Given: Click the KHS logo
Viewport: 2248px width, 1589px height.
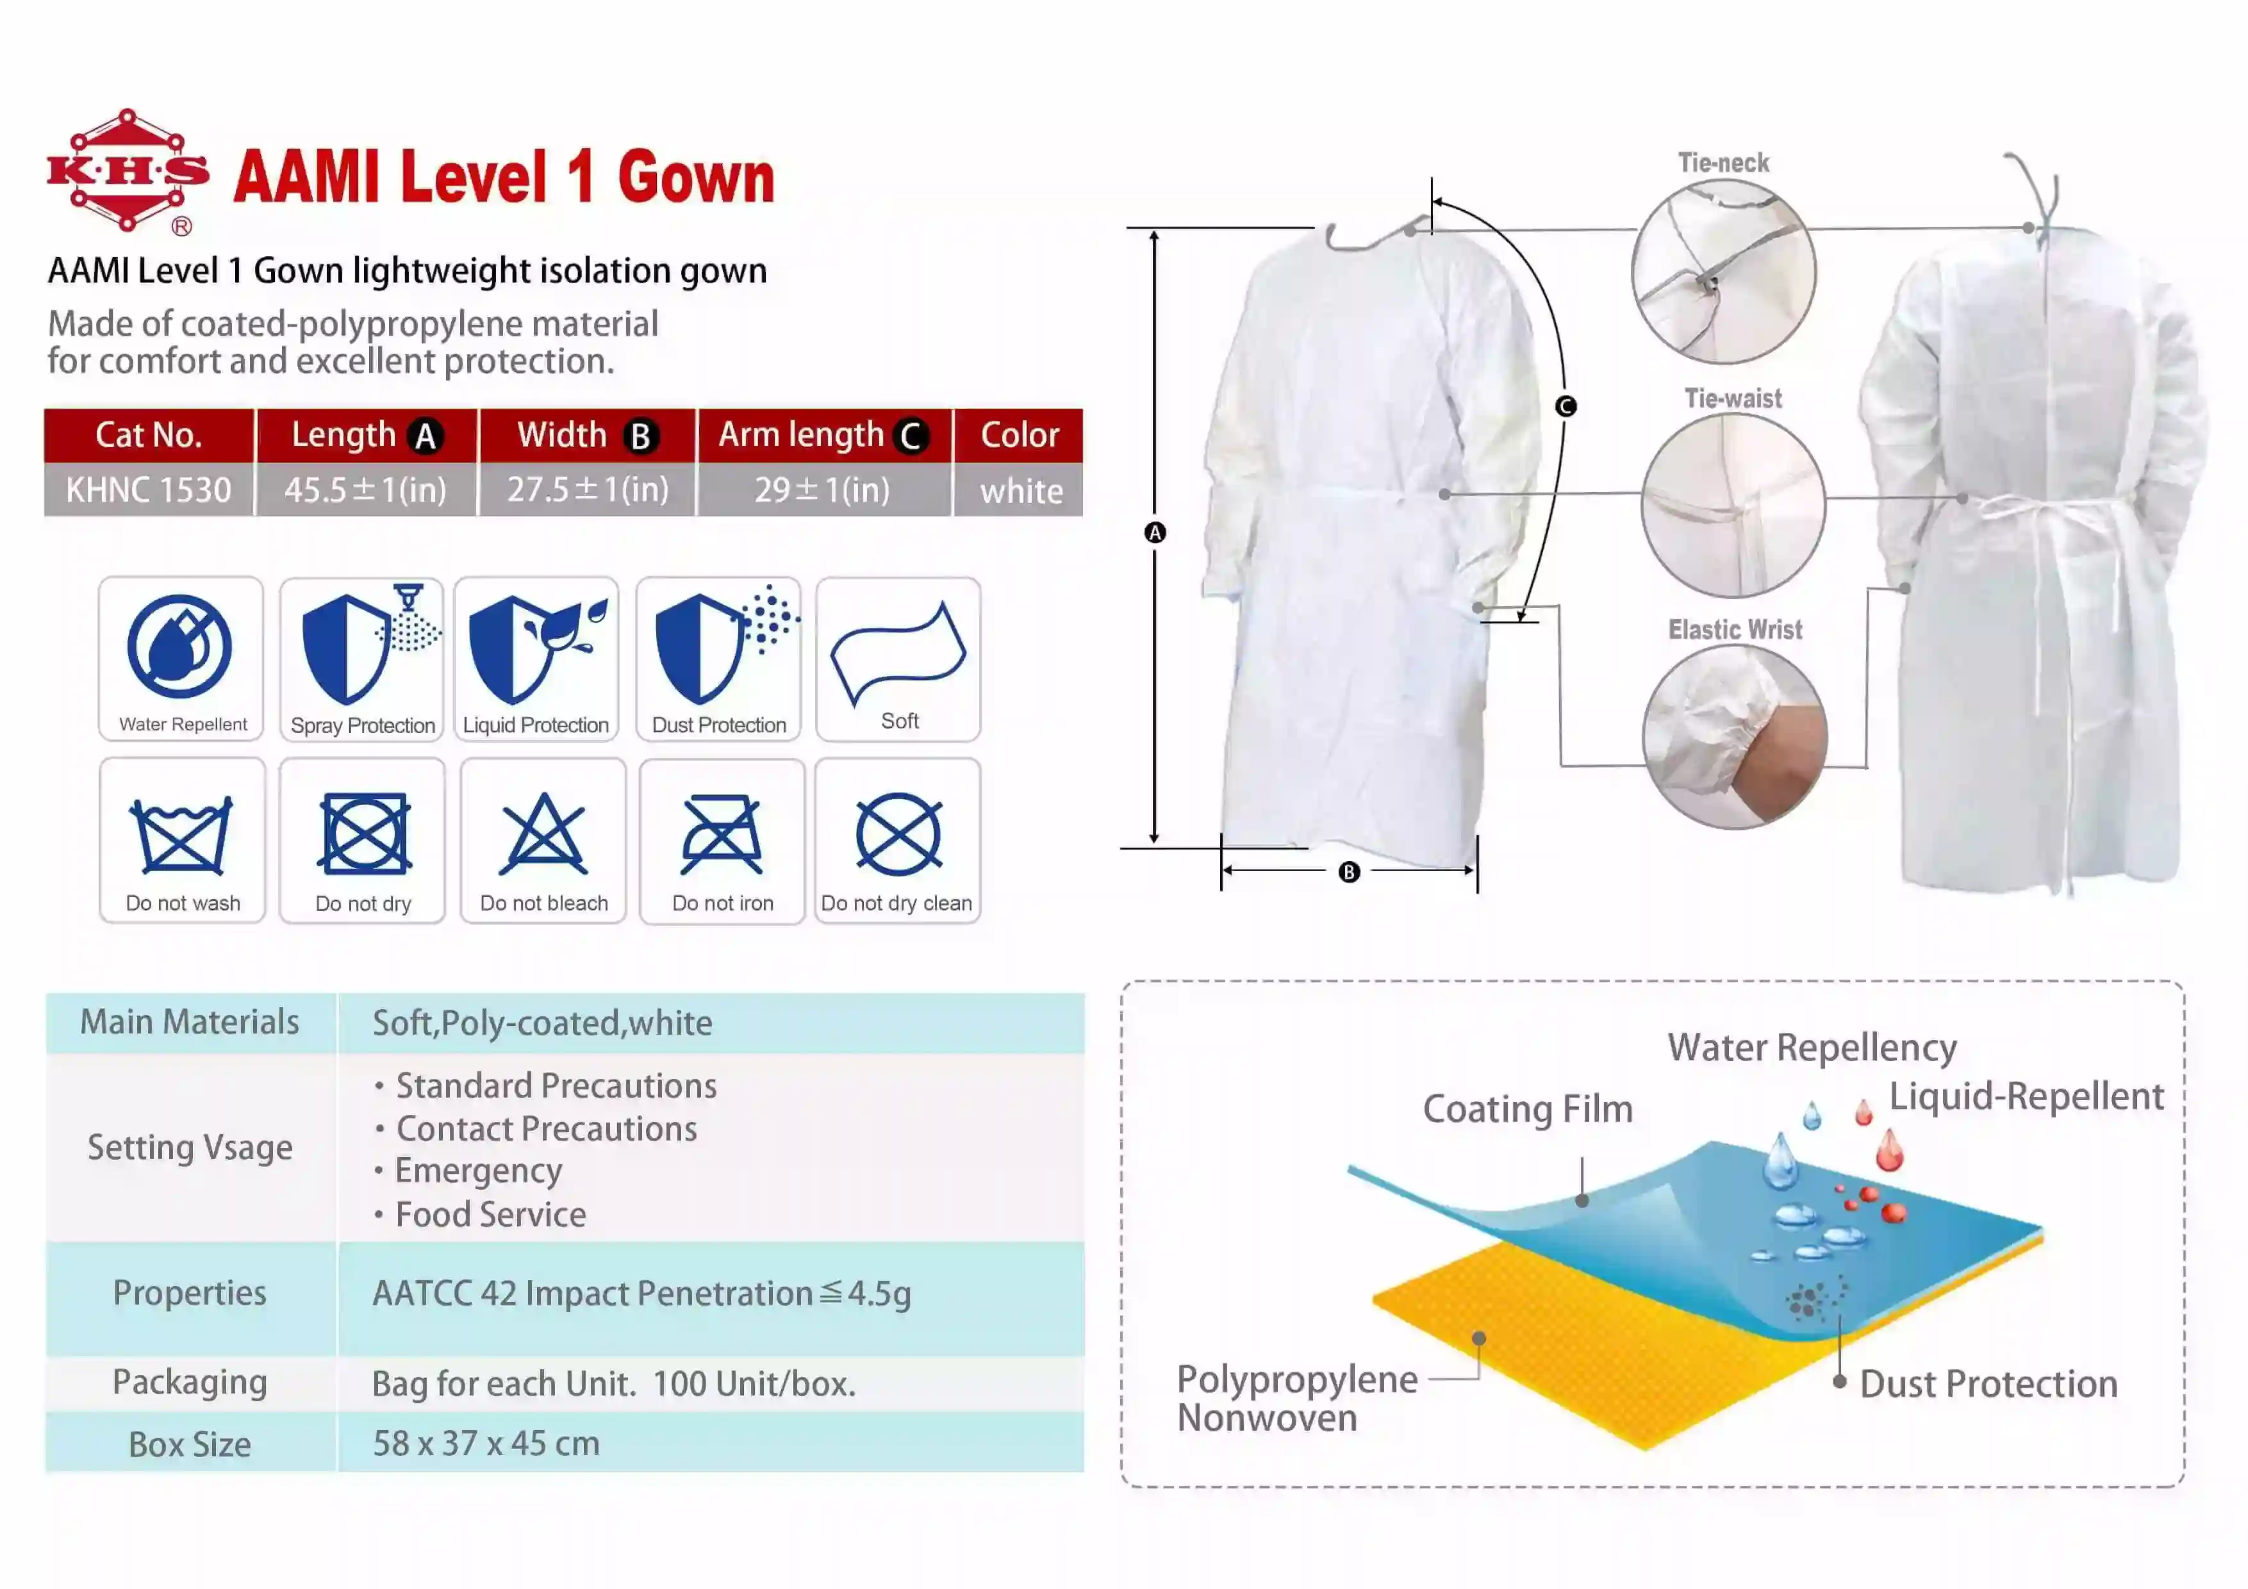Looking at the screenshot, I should click(x=128, y=171).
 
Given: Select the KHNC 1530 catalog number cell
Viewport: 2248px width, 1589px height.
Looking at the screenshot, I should click(x=149, y=490).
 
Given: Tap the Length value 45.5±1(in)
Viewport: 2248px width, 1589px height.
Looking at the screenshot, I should click(x=365, y=490).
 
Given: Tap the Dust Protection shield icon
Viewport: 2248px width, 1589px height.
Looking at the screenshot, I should click(x=700, y=648).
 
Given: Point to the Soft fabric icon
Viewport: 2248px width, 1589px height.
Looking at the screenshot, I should click(x=898, y=651).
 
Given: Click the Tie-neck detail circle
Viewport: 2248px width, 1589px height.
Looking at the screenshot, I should click(x=1723, y=271).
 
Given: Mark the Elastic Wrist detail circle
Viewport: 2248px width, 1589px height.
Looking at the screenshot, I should click(x=1734, y=736).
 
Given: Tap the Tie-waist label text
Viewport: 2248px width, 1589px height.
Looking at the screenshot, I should click(x=1733, y=399).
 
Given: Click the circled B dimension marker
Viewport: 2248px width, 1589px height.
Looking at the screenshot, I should click(x=1349, y=871).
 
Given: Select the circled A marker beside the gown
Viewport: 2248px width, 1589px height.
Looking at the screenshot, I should click(x=1155, y=532).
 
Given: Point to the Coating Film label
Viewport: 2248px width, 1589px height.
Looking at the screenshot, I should click(x=1527, y=1109).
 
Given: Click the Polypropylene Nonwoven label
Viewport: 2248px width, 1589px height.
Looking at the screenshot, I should click(x=1296, y=1398).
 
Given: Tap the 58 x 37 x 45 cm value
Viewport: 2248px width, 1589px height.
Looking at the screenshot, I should click(x=486, y=1443).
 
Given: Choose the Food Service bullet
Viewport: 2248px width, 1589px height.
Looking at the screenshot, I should click(x=490, y=1215).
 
